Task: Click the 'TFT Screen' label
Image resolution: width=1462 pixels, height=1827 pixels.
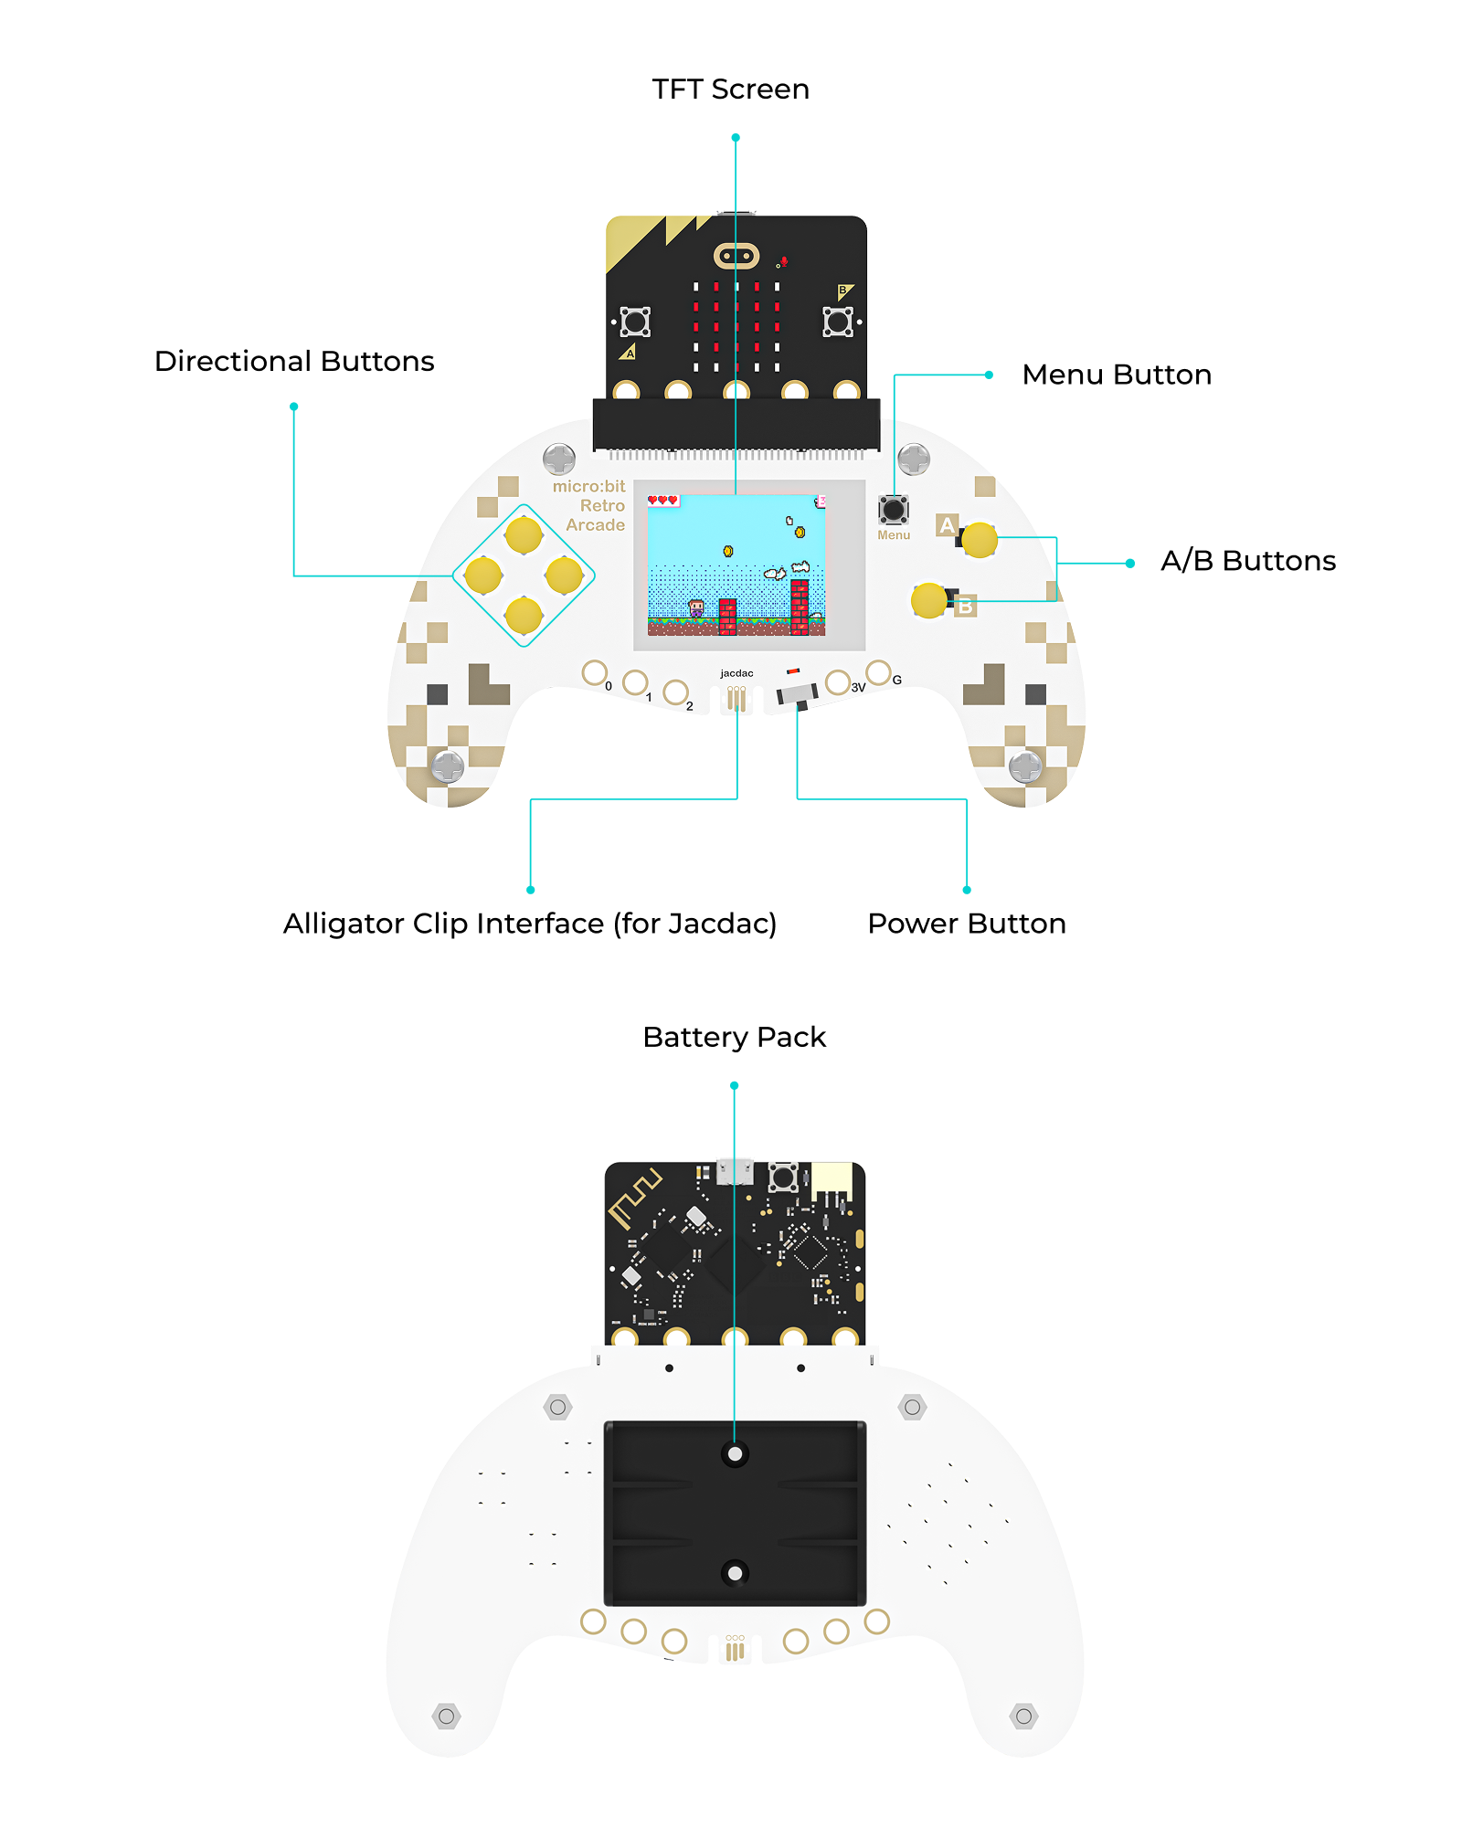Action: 730,90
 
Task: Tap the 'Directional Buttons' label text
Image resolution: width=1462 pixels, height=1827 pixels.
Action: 294,362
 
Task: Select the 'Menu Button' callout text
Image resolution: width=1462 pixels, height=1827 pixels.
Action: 1117,375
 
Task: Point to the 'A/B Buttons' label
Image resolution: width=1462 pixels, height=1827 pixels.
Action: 1247,561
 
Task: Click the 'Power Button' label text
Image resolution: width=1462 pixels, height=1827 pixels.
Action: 966,924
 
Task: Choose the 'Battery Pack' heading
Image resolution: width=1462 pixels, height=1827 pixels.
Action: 734,1038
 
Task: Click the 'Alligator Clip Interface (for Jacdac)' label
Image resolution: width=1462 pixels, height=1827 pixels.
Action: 529,924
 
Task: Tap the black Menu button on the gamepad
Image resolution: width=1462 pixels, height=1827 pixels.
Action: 893,510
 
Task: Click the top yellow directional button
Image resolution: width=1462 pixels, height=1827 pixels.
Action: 524,535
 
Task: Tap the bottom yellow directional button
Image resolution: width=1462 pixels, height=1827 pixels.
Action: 524,615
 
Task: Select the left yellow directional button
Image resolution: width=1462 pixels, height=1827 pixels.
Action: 483,576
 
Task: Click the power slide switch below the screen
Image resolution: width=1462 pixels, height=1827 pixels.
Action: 798,695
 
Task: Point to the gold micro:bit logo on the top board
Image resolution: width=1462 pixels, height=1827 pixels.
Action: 736,256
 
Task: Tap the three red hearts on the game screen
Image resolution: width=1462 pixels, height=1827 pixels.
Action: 662,500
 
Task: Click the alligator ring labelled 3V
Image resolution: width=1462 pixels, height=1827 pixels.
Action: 837,682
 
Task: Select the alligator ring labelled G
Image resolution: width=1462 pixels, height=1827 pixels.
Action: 878,673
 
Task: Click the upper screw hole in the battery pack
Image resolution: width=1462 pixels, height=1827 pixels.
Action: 735,1453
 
